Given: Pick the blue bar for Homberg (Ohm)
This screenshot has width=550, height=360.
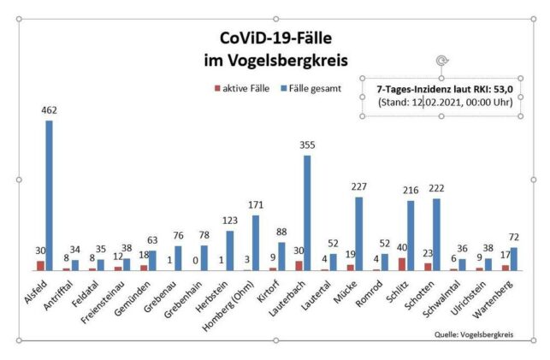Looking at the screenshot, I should point(255,243).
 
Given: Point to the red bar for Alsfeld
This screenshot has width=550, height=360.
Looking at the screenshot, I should point(40,266).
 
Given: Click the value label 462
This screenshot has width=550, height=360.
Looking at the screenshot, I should point(49,112).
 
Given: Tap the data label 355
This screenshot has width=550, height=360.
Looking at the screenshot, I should point(307,146).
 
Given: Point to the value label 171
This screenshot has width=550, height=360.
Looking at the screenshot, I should point(255,206).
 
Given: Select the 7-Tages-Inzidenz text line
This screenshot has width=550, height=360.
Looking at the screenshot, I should point(438,87).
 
